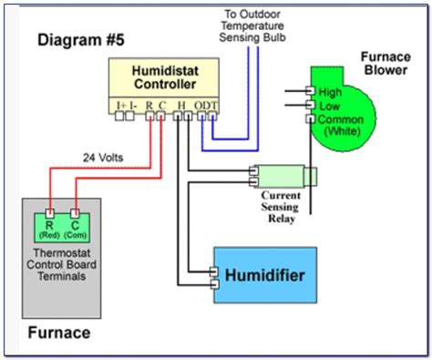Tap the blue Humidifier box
click(x=263, y=274)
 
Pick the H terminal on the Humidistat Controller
click(x=182, y=106)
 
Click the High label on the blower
click(x=329, y=91)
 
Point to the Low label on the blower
click(x=327, y=106)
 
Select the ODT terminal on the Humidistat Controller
click(x=211, y=106)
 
